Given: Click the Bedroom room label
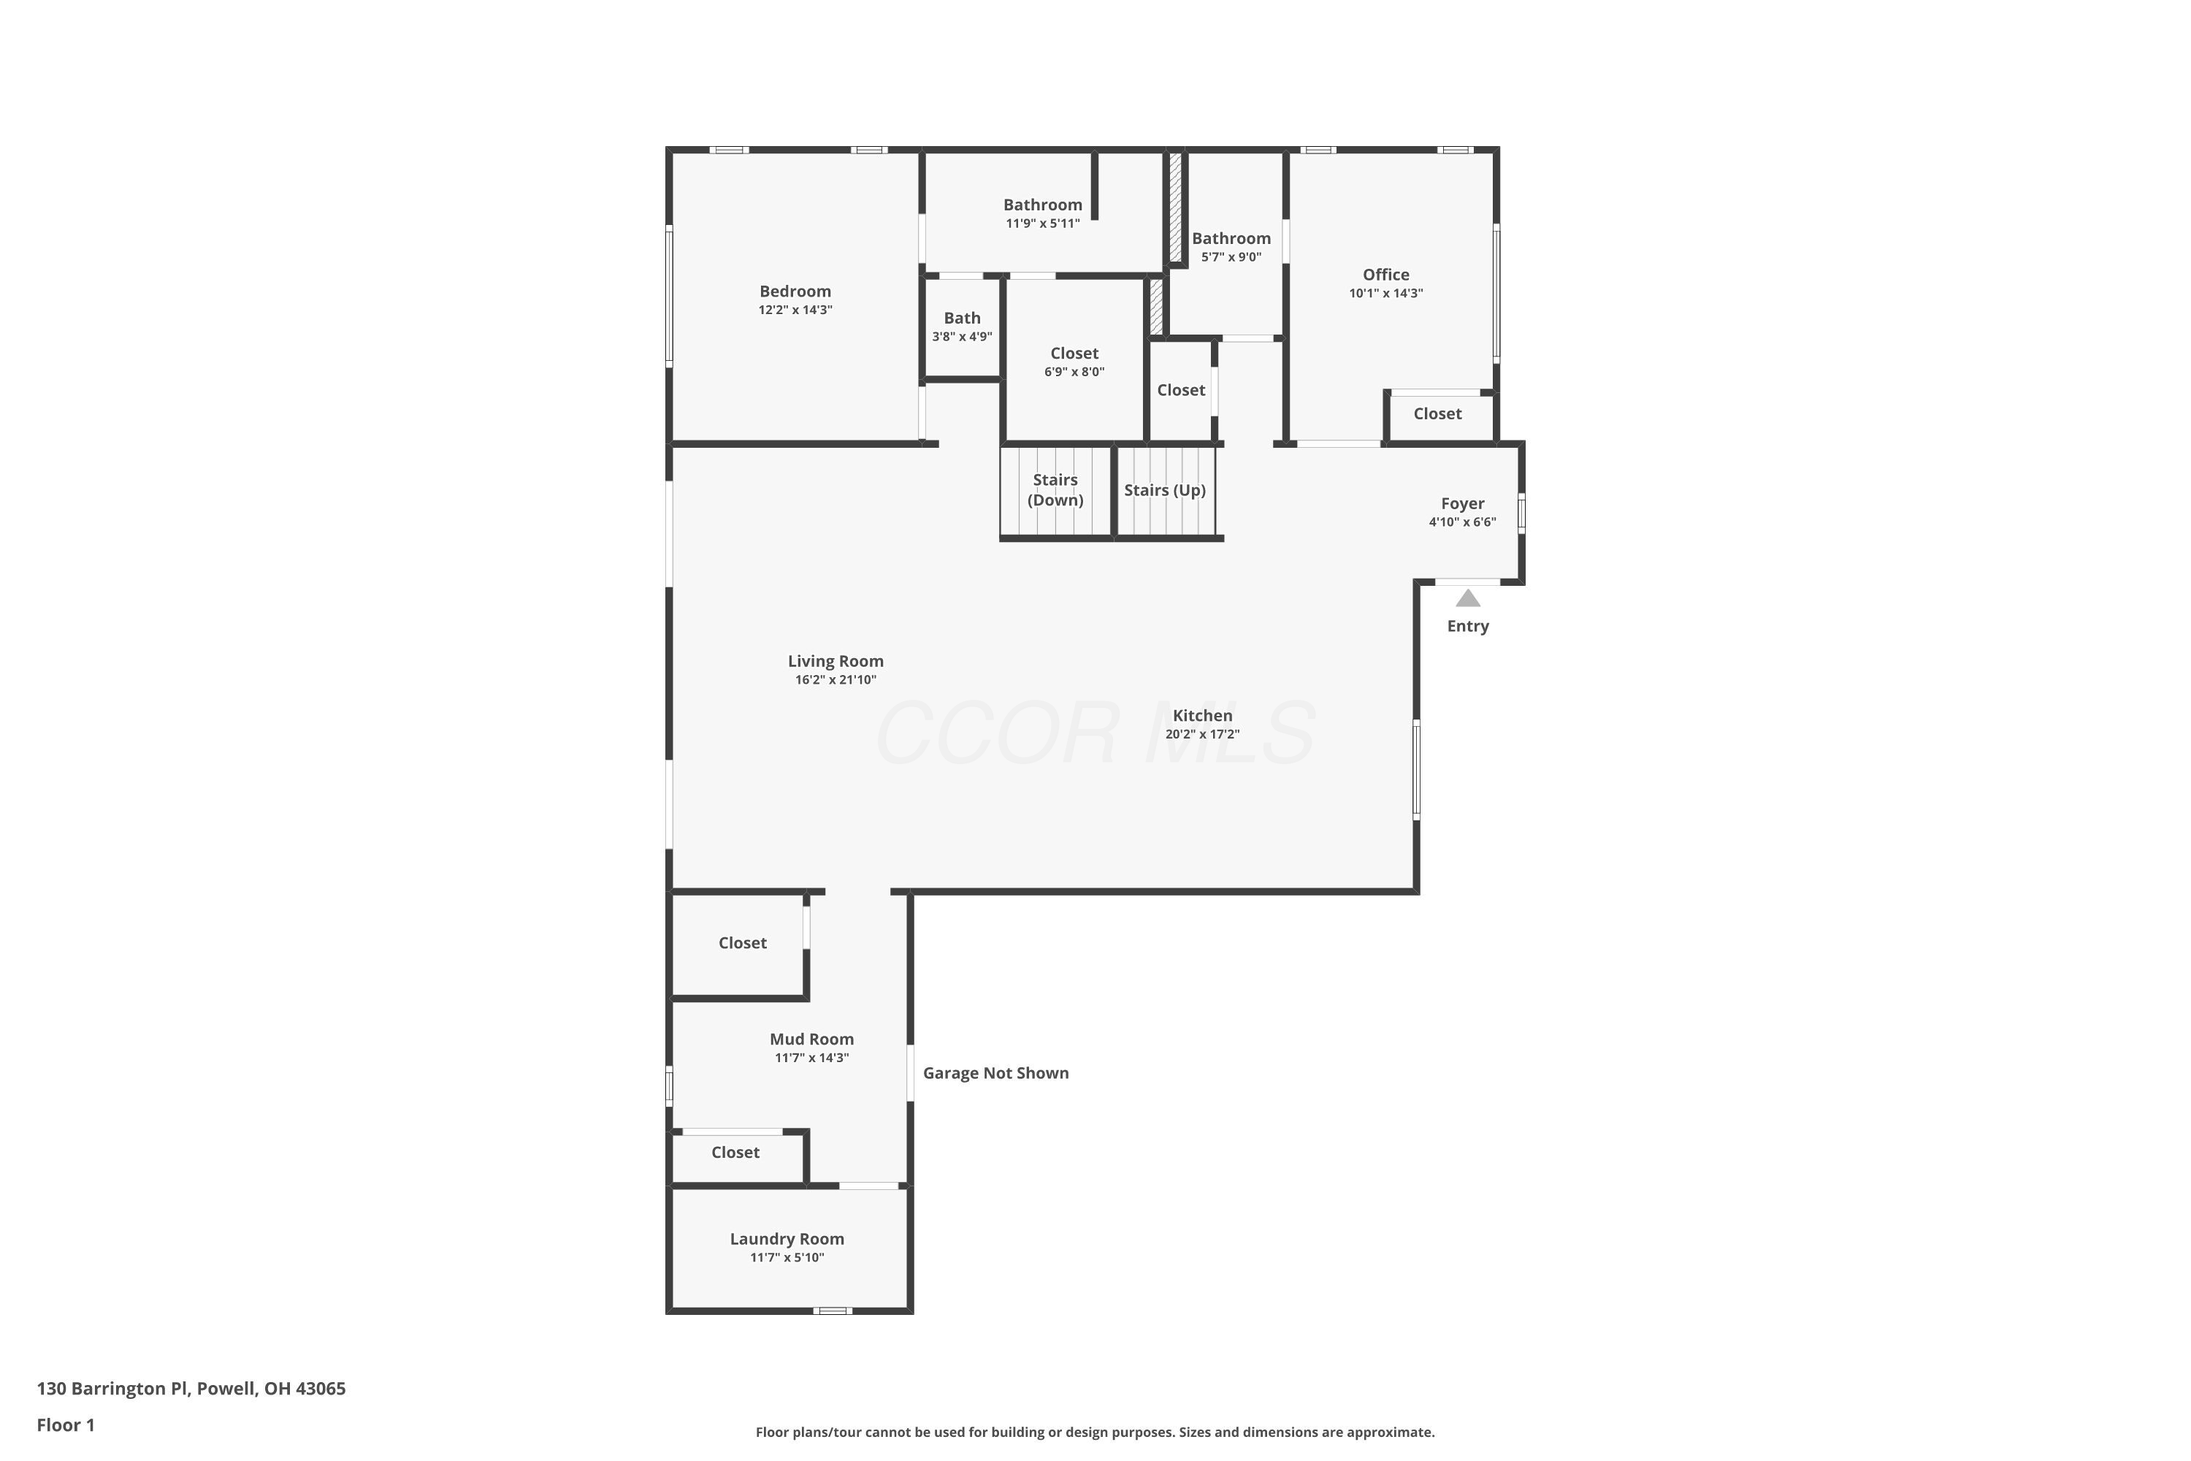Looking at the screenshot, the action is [x=795, y=291].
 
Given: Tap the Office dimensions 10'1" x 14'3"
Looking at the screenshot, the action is [x=1386, y=294].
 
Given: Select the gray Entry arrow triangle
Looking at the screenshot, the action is [x=1468, y=598].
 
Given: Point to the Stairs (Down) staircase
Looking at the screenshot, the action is [x=1056, y=491].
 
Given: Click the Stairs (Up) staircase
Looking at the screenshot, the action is [x=1166, y=491].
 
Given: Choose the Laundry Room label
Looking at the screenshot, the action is [x=787, y=1239].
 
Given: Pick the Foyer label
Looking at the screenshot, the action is [x=1463, y=504].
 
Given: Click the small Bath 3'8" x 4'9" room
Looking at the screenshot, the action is [x=963, y=327].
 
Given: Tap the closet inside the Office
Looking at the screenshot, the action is [x=1440, y=416].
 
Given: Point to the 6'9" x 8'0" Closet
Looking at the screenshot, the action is [x=1074, y=361].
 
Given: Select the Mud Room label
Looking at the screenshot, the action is [x=811, y=1040].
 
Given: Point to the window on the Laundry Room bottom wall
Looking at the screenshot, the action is [x=833, y=1311].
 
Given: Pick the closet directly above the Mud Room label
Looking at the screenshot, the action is [x=738, y=945].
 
